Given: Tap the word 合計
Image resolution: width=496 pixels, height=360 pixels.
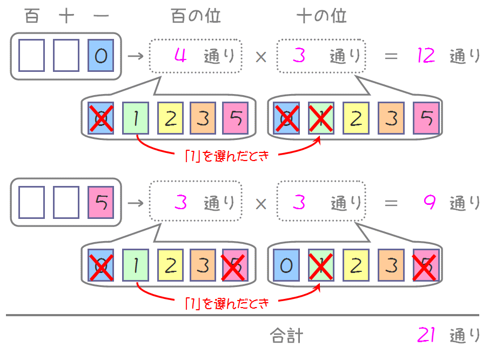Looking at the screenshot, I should pos(286,336).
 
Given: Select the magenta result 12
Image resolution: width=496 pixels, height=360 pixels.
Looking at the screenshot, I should pos(426,56).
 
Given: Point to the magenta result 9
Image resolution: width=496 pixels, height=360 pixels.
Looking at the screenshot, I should pos(429,203).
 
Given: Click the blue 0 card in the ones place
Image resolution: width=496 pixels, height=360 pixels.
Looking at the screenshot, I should pos(101,56).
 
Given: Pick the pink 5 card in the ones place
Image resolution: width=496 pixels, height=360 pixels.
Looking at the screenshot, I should pos(101,203).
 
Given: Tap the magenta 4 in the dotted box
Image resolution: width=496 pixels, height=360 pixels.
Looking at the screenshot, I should pos(181,56).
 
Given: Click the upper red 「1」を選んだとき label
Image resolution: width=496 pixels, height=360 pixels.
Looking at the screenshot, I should pos(226,156).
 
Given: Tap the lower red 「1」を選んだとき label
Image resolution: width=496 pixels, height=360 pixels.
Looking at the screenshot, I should pos(226,303).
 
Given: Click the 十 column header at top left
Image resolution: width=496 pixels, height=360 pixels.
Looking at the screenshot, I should pos(66,16).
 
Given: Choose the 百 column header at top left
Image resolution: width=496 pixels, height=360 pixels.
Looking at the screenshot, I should pos(32,16).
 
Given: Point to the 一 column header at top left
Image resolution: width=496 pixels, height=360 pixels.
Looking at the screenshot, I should pos(101,16).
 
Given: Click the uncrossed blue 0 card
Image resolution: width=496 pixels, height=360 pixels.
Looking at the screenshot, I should pos(287,266).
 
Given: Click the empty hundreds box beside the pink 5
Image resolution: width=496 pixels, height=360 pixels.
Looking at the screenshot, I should pos(32,203).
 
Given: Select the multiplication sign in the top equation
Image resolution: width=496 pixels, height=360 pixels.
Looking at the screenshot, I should pos(261,56).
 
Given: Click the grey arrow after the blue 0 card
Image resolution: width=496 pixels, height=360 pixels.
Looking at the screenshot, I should pos(135,56).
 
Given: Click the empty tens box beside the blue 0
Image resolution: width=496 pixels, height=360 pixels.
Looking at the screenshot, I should pos(66,56).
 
